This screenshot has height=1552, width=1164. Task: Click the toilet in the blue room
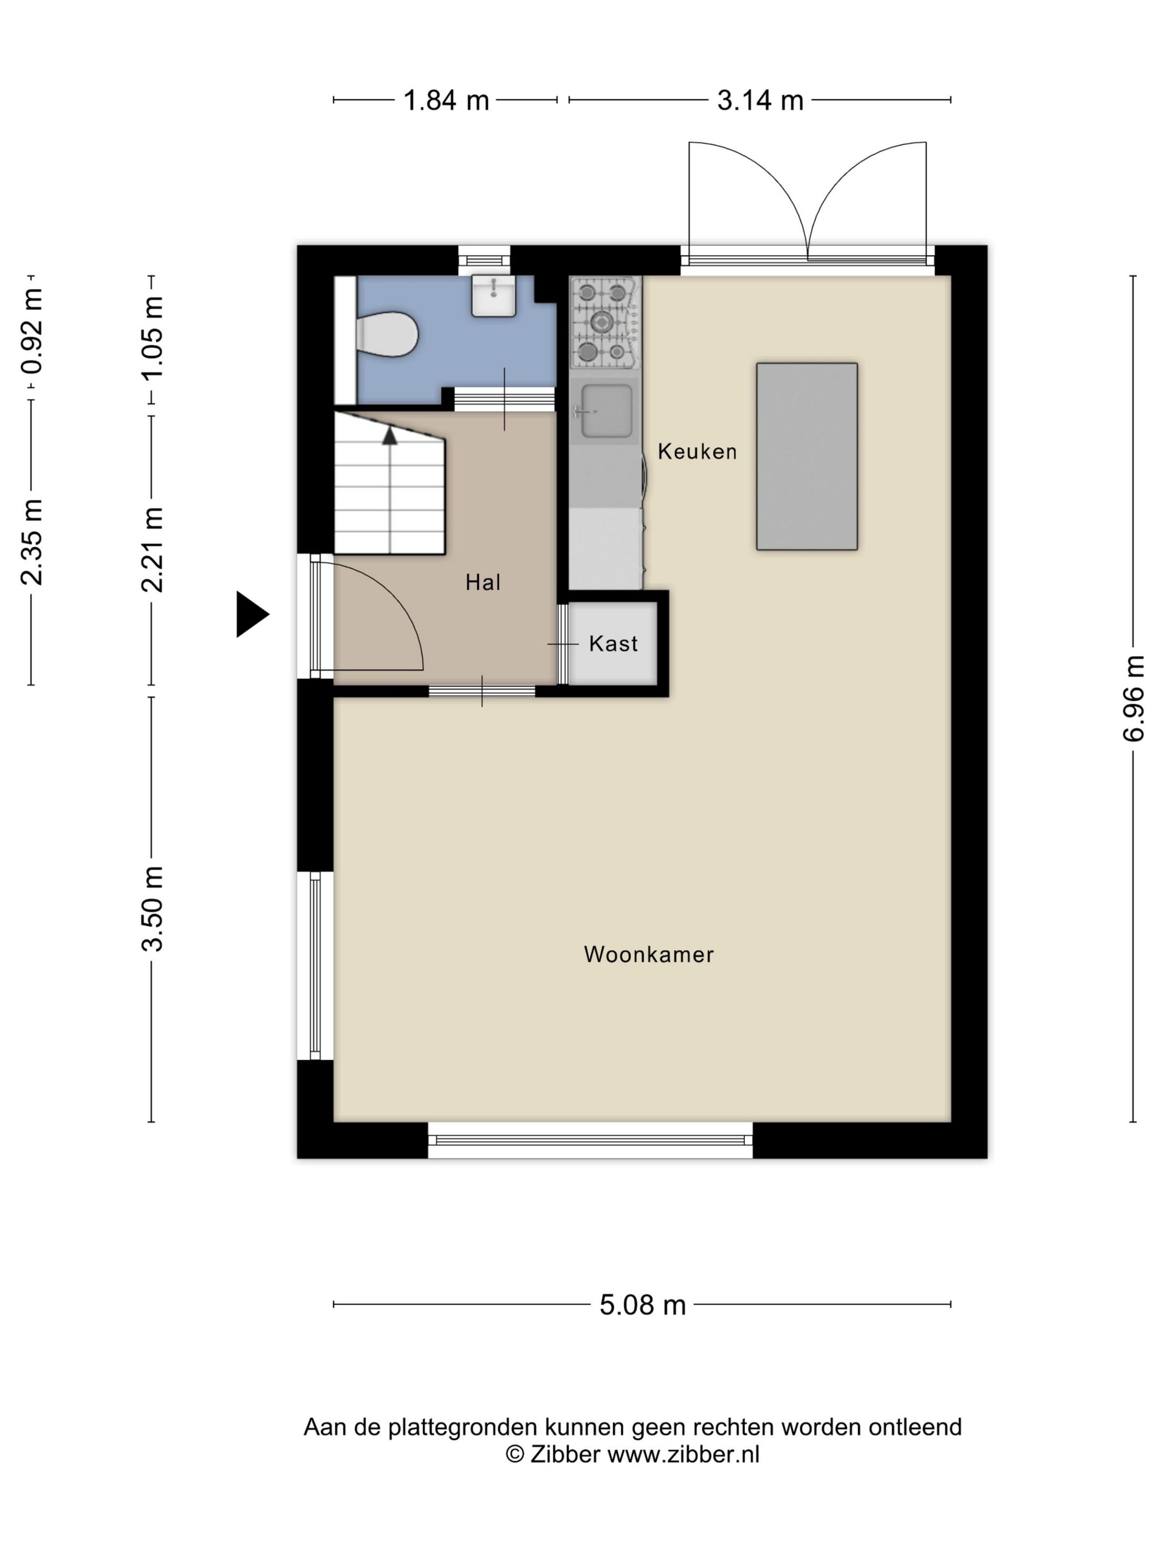pyautogui.click(x=386, y=334)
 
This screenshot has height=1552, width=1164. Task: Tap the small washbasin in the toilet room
pyautogui.click(x=493, y=295)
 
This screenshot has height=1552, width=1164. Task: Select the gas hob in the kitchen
pyautogui.click(x=604, y=323)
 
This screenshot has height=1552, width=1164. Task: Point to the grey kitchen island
pyautogui.click(x=807, y=456)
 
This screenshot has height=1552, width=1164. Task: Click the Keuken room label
pyautogui.click(x=697, y=451)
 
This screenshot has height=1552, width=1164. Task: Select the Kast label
pyautogui.click(x=613, y=644)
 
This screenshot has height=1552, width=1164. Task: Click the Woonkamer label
pyautogui.click(x=649, y=954)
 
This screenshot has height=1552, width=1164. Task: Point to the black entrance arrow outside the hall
pyautogui.click(x=252, y=615)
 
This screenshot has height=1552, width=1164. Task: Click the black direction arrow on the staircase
pyautogui.click(x=390, y=436)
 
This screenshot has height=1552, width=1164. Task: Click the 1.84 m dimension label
pyautogui.click(x=446, y=100)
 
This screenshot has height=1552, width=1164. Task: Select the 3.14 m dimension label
pyautogui.click(x=760, y=100)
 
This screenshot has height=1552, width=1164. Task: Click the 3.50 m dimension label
pyautogui.click(x=152, y=908)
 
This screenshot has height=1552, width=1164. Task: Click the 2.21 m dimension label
pyautogui.click(x=152, y=549)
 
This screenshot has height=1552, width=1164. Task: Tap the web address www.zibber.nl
pyautogui.click(x=683, y=1454)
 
